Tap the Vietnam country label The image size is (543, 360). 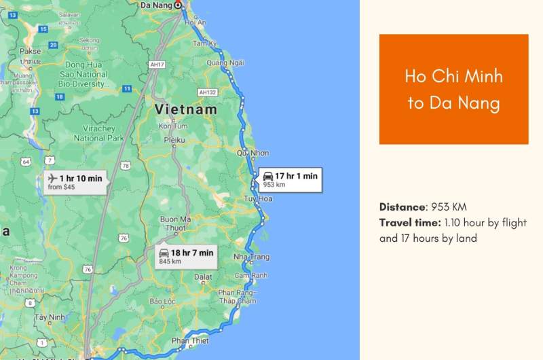186,109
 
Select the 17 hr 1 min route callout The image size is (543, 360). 290,179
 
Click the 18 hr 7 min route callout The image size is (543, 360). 185,256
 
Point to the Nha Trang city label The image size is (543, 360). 251,257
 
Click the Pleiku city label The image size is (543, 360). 174,140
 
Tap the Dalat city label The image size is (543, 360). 203,277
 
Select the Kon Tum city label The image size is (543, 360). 172,126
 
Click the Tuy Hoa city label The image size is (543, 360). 258,198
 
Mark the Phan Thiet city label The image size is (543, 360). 189,340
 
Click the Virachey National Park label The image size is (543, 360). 98,133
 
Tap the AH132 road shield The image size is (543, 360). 207,92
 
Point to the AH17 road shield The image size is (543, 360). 157,65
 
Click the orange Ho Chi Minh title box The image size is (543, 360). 453,89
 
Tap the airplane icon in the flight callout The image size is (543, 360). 53,178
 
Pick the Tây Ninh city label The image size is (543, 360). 50,317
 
